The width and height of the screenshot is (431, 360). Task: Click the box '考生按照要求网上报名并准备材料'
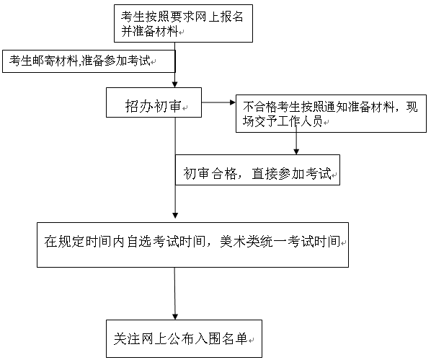(x=183, y=23)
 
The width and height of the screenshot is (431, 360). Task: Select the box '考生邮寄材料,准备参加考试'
(x=89, y=61)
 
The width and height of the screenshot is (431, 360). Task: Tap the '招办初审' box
(x=154, y=102)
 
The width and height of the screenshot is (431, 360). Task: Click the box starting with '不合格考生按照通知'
(x=332, y=114)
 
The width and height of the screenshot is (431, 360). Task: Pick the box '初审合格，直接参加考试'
(x=257, y=170)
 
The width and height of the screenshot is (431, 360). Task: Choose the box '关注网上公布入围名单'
(x=185, y=338)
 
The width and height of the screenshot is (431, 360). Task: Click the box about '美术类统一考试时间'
(x=192, y=245)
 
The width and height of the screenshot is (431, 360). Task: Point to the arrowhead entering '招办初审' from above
(x=175, y=84)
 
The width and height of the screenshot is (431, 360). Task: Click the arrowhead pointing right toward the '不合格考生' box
(x=233, y=102)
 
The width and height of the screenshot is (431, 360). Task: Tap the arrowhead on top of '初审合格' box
(x=296, y=152)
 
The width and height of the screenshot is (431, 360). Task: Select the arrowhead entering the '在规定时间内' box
(x=175, y=215)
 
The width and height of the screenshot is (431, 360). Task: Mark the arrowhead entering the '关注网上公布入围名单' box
(x=175, y=317)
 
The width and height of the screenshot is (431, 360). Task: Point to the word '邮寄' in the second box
(x=38, y=61)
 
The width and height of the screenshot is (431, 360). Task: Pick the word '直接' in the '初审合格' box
(x=265, y=173)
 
